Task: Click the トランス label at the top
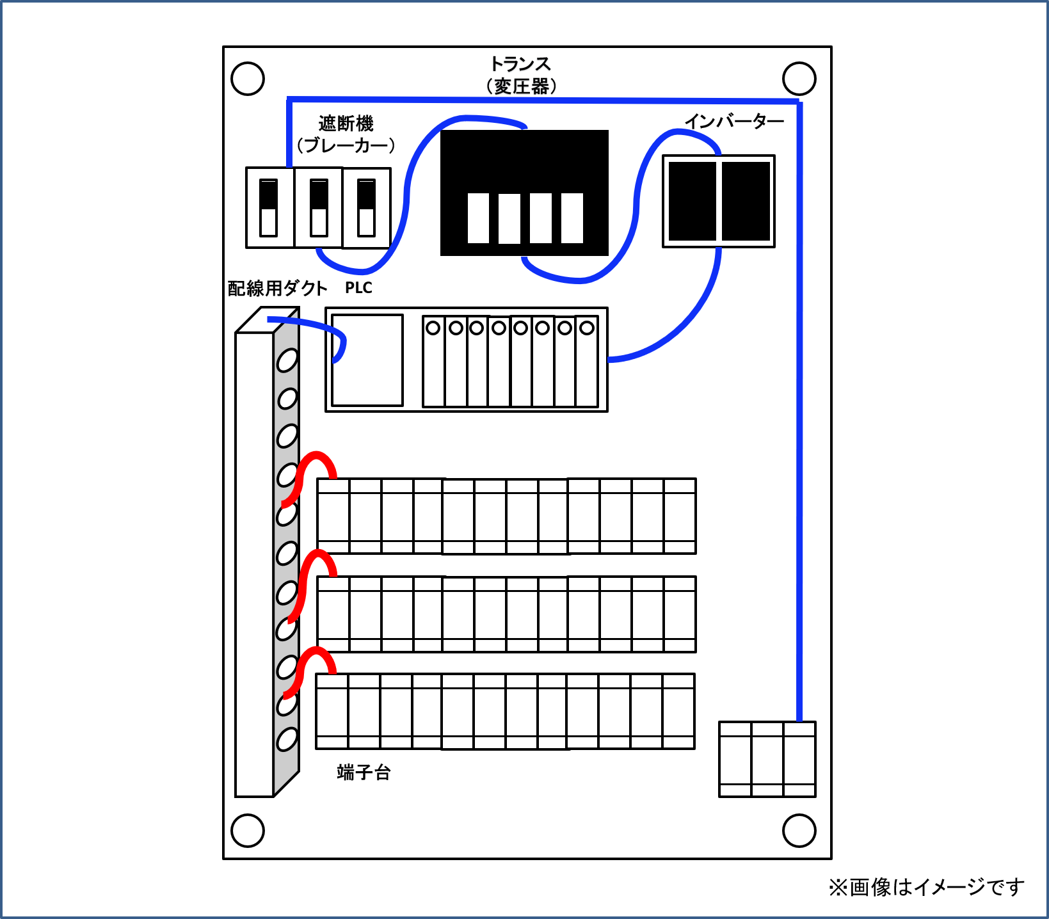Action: point(520,65)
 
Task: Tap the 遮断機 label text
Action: point(346,124)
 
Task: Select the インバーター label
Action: point(734,122)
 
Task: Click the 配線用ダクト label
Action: point(277,289)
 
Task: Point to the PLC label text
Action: point(358,288)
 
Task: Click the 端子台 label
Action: point(364,772)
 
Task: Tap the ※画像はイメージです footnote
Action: point(926,887)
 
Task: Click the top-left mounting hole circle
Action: point(248,79)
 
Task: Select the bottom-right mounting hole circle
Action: point(799,831)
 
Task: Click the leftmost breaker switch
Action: point(269,208)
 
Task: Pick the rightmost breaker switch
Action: point(366,208)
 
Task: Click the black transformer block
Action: point(524,160)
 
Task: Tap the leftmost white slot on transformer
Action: point(478,218)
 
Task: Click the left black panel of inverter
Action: point(692,201)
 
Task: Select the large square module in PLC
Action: point(367,360)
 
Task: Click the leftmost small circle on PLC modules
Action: point(433,328)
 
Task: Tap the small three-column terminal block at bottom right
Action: point(767,759)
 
